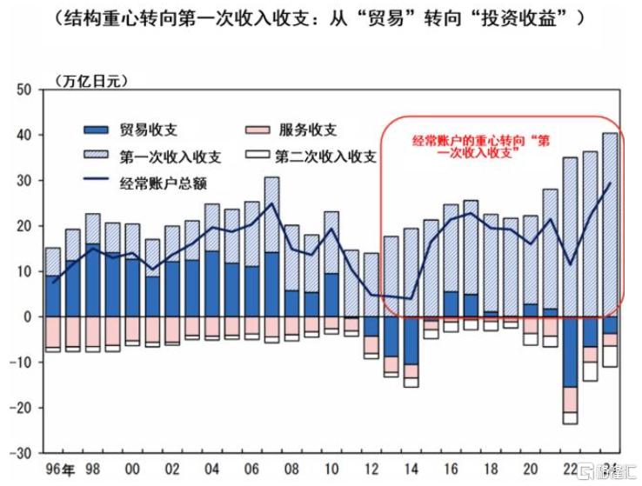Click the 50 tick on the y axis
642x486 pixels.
23,90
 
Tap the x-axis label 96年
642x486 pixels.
60,469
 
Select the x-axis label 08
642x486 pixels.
291,469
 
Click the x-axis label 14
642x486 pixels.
411,469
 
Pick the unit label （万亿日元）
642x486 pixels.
90,81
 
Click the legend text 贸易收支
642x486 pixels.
149,130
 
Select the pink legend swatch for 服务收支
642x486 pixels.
257,130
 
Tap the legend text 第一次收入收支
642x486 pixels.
171,156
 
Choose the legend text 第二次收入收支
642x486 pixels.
325,156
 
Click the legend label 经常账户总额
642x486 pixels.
164,183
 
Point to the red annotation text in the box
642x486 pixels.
482,146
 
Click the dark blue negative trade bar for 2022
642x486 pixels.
570,352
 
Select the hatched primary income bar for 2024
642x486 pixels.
610,224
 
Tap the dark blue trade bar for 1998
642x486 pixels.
92,280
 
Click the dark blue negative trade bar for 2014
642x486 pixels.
411,341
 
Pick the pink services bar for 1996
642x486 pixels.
53,332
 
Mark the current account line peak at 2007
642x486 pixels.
271,203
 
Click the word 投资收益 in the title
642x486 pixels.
518,19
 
